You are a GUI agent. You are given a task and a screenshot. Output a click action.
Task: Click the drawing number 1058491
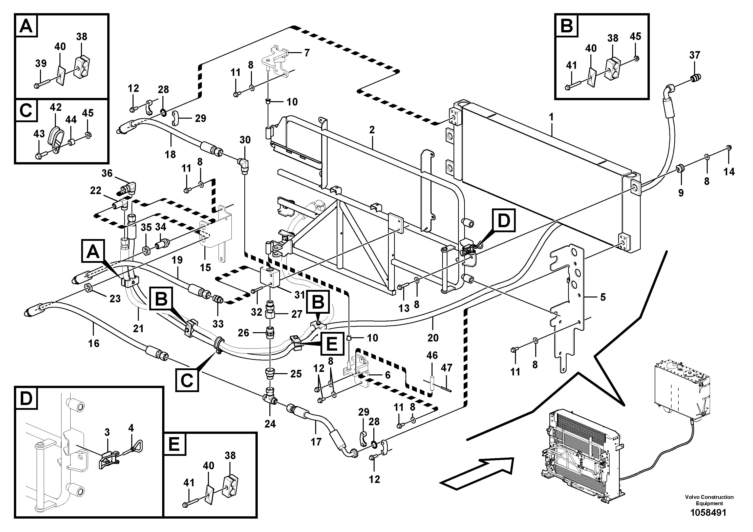[708, 522]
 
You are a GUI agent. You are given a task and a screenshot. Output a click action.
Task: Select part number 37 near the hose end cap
[695, 55]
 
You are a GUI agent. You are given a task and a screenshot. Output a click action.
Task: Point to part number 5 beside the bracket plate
[603, 297]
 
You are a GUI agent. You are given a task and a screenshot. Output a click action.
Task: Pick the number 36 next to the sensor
[107, 173]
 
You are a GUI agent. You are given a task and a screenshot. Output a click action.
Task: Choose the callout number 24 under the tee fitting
[270, 424]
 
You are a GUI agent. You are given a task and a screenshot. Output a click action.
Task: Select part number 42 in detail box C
[55, 107]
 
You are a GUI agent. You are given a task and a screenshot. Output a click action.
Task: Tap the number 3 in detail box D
[107, 432]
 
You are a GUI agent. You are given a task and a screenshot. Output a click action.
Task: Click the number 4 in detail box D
[131, 428]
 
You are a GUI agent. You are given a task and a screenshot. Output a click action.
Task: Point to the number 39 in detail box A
[41, 63]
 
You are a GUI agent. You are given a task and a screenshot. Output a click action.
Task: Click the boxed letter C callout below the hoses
[187, 380]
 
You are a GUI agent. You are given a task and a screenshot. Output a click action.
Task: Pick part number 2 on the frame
[372, 130]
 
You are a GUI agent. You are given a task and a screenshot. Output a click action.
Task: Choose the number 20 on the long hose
[433, 337]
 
